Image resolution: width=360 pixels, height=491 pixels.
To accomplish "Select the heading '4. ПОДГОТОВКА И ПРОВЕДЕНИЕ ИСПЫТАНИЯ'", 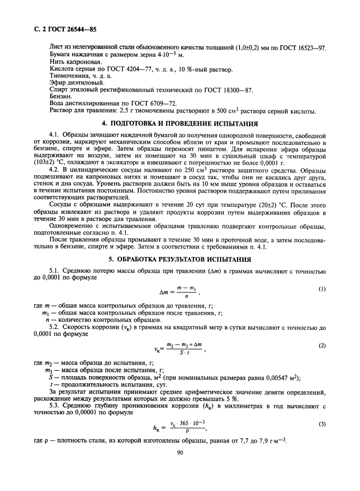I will coord(180,123).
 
